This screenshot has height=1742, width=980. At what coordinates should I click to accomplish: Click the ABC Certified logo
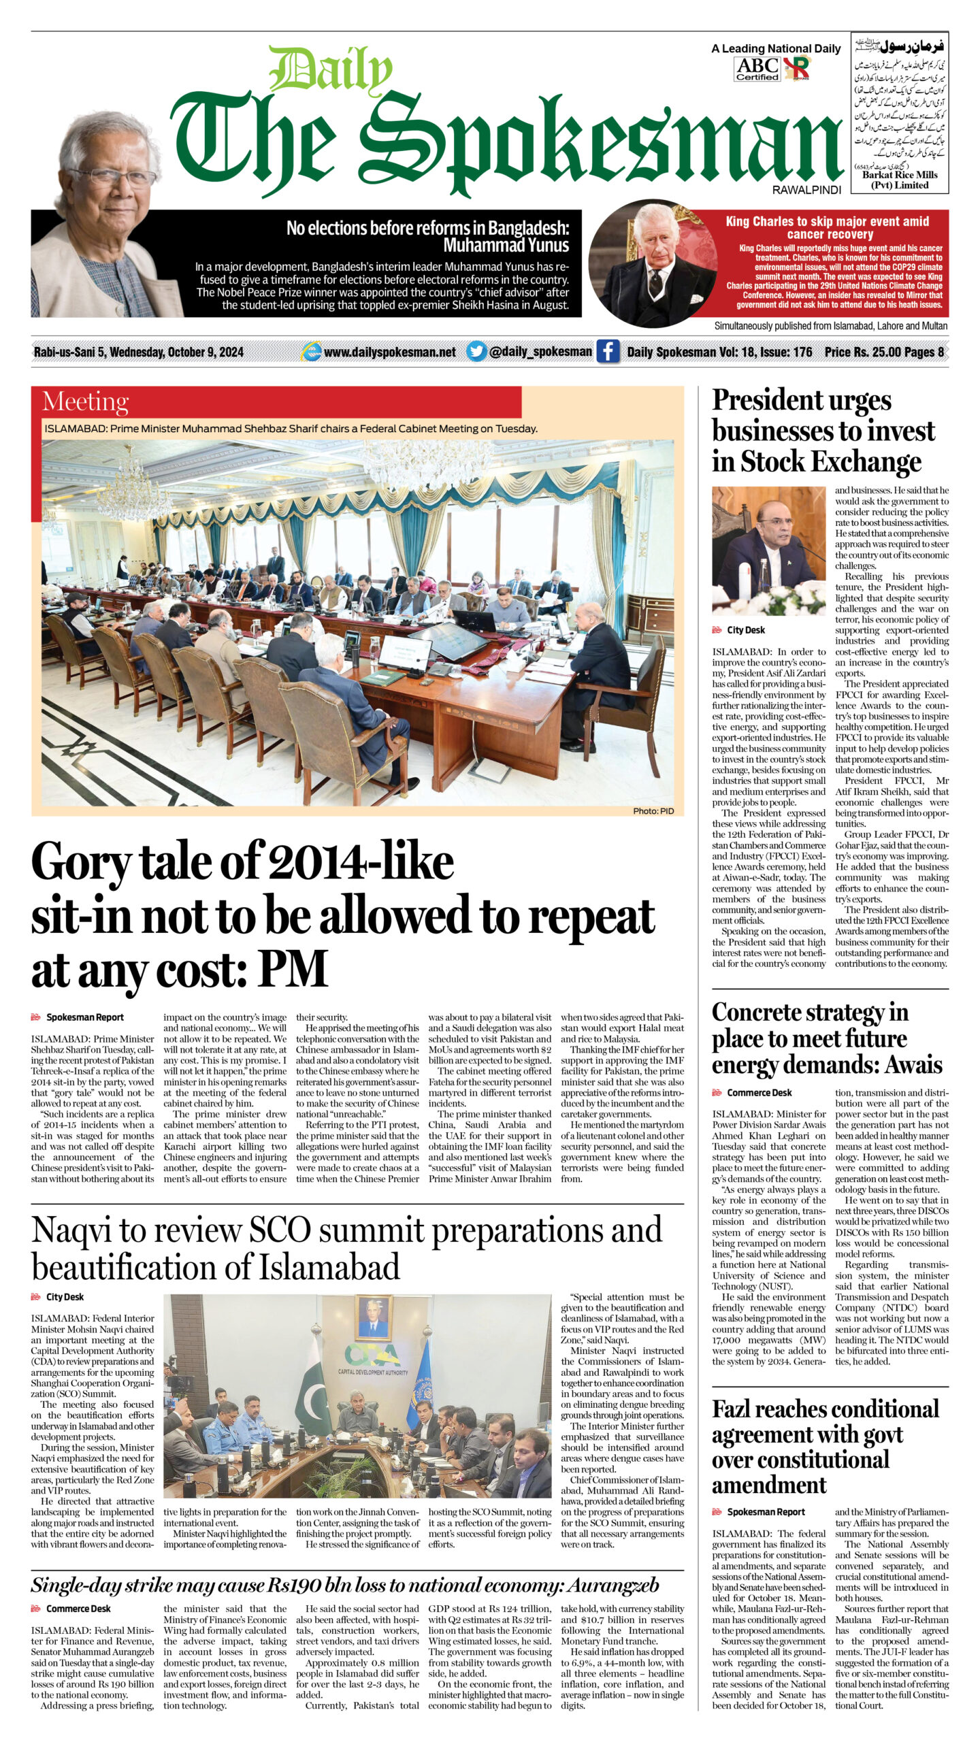tap(757, 68)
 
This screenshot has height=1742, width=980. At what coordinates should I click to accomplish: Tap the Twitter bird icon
tap(477, 351)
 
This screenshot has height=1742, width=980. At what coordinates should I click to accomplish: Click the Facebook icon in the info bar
tap(608, 351)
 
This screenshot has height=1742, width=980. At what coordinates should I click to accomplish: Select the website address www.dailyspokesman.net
tap(389, 352)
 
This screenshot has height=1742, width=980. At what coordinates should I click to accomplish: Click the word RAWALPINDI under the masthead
tap(806, 190)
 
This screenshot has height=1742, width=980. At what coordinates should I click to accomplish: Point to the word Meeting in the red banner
tap(85, 401)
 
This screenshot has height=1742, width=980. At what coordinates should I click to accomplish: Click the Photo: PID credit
tap(653, 810)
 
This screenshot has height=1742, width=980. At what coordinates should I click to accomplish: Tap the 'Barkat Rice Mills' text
tap(900, 175)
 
